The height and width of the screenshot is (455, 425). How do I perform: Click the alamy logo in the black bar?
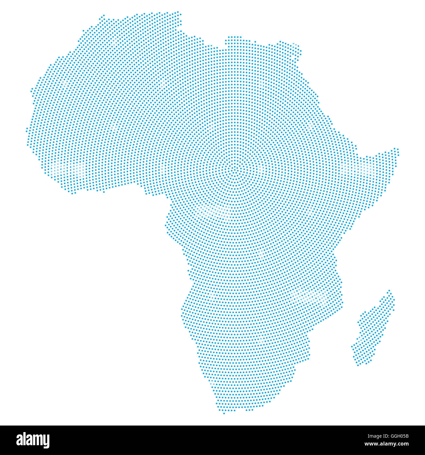pos(33,440)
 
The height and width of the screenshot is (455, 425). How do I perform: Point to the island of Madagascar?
pos(373,331)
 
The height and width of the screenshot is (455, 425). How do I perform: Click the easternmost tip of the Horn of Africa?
pos(398,150)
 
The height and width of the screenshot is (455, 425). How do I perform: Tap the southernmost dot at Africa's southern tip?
pos(224,413)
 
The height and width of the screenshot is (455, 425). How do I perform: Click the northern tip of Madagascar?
pos(389,291)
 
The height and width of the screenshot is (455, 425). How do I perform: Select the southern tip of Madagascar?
pos(358,364)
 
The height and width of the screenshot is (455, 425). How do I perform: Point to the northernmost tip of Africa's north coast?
pos(178,12)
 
